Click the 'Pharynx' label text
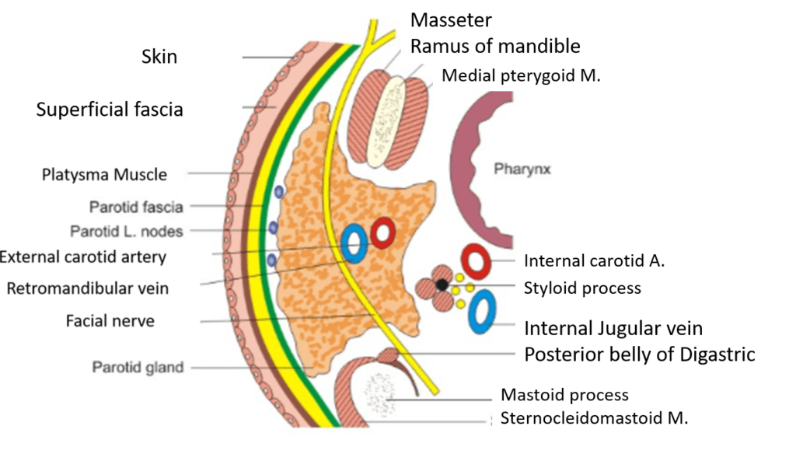tap(522, 169)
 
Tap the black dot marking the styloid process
tap(442, 285)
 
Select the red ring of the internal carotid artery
tap(475, 263)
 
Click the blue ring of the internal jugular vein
tap(483, 311)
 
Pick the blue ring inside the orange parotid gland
tap(354, 243)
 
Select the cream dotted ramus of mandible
tap(387, 120)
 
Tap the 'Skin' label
tap(159, 57)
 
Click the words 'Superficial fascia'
tap(110, 110)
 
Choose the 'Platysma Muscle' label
tap(104, 174)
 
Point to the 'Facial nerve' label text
tap(110, 320)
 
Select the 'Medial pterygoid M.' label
tap(521, 75)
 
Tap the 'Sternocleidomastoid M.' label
tap(594, 417)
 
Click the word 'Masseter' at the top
tap(451, 19)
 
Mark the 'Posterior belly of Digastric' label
tap(639, 354)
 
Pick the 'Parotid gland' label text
tap(138, 367)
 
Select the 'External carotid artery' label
tap(83, 256)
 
